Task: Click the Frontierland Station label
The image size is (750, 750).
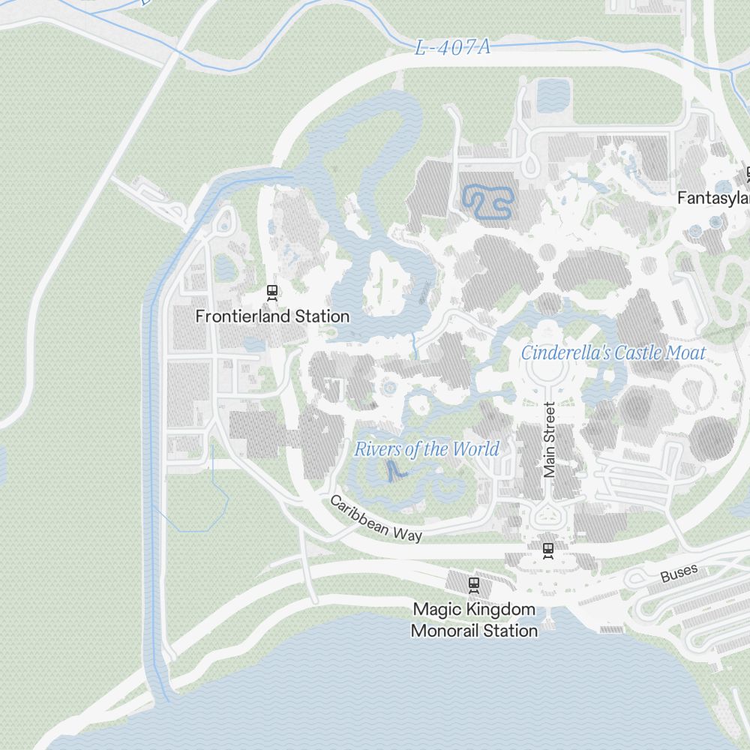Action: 272,316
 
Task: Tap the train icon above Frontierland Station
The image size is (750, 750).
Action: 272,291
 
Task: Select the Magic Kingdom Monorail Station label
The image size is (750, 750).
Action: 474,620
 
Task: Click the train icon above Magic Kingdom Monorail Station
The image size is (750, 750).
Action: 473,583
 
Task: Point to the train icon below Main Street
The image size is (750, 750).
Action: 548,550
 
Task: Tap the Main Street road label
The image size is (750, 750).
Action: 550,440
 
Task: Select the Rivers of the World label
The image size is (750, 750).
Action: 427,449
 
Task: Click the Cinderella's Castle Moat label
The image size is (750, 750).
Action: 613,352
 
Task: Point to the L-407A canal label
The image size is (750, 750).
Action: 453,48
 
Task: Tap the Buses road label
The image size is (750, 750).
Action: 679,574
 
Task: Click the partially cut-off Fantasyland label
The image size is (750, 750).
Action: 713,199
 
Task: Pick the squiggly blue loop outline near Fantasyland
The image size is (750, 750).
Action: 488,202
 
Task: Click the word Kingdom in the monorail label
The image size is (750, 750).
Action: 503,610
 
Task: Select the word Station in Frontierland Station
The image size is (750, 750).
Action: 322,316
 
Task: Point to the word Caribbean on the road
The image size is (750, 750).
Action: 358,512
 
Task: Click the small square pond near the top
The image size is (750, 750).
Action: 553,95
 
